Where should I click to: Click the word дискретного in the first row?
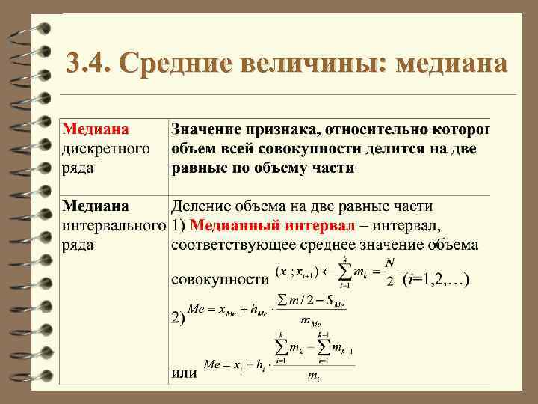point(105,148)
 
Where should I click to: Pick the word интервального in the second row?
point(113,225)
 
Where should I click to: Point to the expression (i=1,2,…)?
point(436,281)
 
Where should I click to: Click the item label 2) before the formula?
point(179,319)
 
